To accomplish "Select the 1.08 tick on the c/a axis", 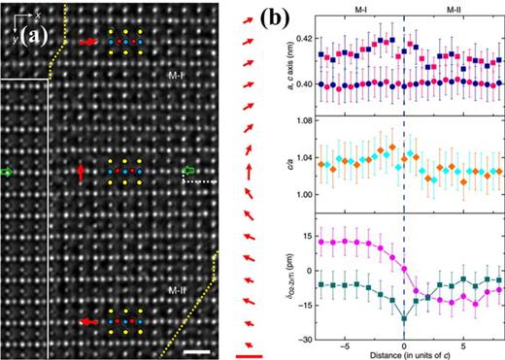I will [x=303, y=121].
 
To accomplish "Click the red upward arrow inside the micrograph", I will [x=82, y=173].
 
